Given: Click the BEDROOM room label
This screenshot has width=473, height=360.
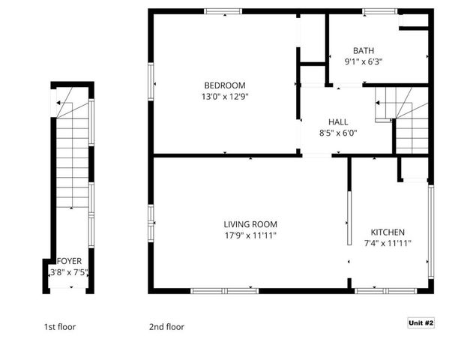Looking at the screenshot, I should (x=224, y=85).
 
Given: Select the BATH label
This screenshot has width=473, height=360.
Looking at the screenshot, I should (x=364, y=51).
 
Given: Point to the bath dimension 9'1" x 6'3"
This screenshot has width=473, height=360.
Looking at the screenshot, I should (x=364, y=61).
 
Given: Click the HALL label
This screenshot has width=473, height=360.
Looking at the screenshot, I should (x=338, y=122).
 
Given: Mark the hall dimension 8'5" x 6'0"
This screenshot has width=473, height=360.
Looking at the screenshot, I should (x=338, y=133).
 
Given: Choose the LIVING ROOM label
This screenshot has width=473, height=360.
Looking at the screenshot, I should (x=250, y=224).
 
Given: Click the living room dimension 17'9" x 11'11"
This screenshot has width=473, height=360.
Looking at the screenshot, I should (x=250, y=235).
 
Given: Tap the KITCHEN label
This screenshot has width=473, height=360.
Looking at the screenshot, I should (x=388, y=232).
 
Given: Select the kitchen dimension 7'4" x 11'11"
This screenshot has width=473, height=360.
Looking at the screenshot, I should (x=388, y=243).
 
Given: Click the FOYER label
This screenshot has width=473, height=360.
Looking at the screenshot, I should (x=69, y=261).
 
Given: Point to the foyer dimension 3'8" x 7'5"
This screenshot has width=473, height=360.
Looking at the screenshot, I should (x=69, y=271).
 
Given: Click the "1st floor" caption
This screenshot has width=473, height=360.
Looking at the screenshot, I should (x=60, y=327).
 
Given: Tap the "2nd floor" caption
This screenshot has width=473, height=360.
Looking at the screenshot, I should (x=166, y=327).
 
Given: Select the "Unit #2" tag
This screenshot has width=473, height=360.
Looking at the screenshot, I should (x=421, y=323).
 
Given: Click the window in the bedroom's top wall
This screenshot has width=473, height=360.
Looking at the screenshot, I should (x=223, y=10).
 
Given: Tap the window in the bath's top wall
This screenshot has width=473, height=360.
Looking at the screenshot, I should (x=375, y=10).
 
